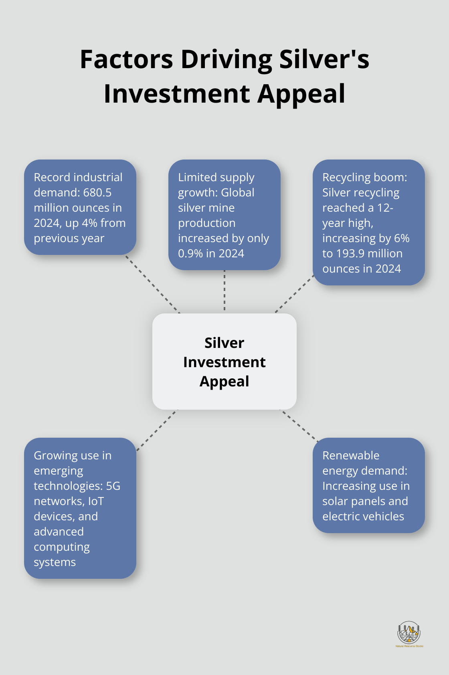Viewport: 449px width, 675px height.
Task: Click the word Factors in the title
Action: (x=126, y=60)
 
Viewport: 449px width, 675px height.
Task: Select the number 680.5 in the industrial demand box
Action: (x=97, y=193)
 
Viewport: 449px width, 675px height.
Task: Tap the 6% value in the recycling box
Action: (x=402, y=238)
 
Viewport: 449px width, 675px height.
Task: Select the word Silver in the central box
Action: (x=224, y=343)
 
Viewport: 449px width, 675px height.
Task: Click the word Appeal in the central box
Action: (x=224, y=382)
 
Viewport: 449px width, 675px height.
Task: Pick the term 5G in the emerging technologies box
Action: (x=113, y=486)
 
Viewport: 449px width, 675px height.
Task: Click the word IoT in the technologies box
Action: (x=96, y=501)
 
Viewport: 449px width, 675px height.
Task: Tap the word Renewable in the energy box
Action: (x=351, y=456)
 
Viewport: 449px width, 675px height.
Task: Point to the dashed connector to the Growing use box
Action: (x=156, y=430)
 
